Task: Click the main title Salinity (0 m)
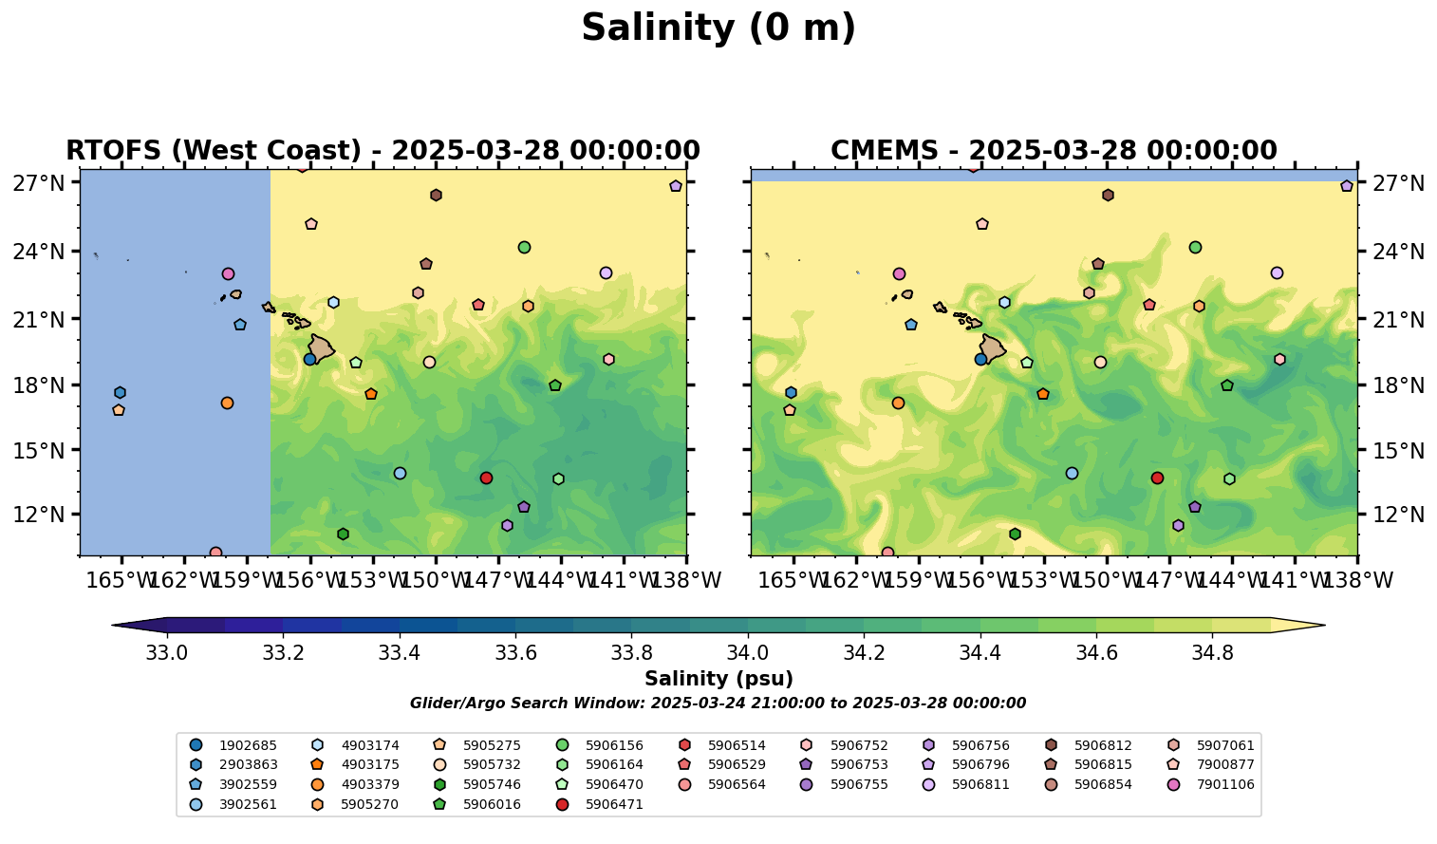pos(718,28)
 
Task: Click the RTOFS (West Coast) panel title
pos(383,151)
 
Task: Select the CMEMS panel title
pos(1054,151)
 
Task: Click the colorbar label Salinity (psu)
pos(718,679)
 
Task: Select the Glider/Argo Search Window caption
pos(718,703)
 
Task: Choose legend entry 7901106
pos(1224,784)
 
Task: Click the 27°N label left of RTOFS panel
pos(39,182)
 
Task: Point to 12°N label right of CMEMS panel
pos(1396,515)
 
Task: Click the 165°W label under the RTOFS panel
pos(121,579)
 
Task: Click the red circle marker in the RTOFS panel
pos(486,478)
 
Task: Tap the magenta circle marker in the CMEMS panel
pos(899,273)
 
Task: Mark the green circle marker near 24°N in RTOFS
pos(524,247)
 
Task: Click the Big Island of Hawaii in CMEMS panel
pos(992,348)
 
